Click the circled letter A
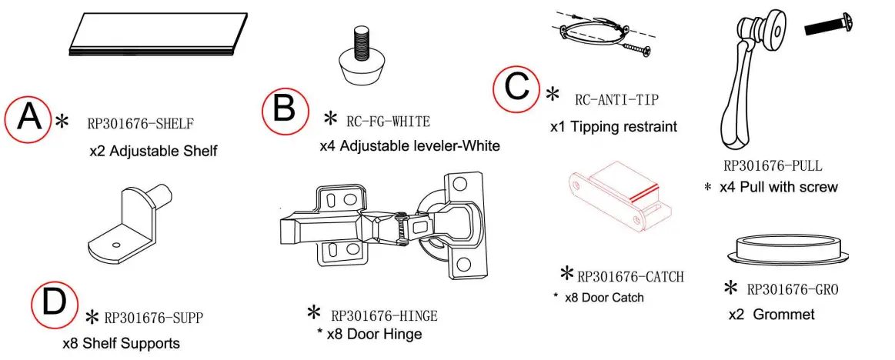pyautogui.click(x=29, y=119)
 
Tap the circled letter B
pyautogui.click(x=283, y=109)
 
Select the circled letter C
pyautogui.click(x=516, y=89)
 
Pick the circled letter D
pyautogui.click(x=55, y=302)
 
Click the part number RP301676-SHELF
pyautogui.click(x=141, y=122)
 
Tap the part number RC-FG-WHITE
pyautogui.click(x=388, y=121)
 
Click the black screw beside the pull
pyautogui.click(x=828, y=25)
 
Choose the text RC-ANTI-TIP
pyautogui.click(x=616, y=100)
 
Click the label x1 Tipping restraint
pyautogui.click(x=613, y=127)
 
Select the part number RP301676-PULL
pyautogui.click(x=773, y=166)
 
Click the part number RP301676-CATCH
pyautogui.click(x=630, y=277)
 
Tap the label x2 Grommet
pyautogui.click(x=772, y=315)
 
